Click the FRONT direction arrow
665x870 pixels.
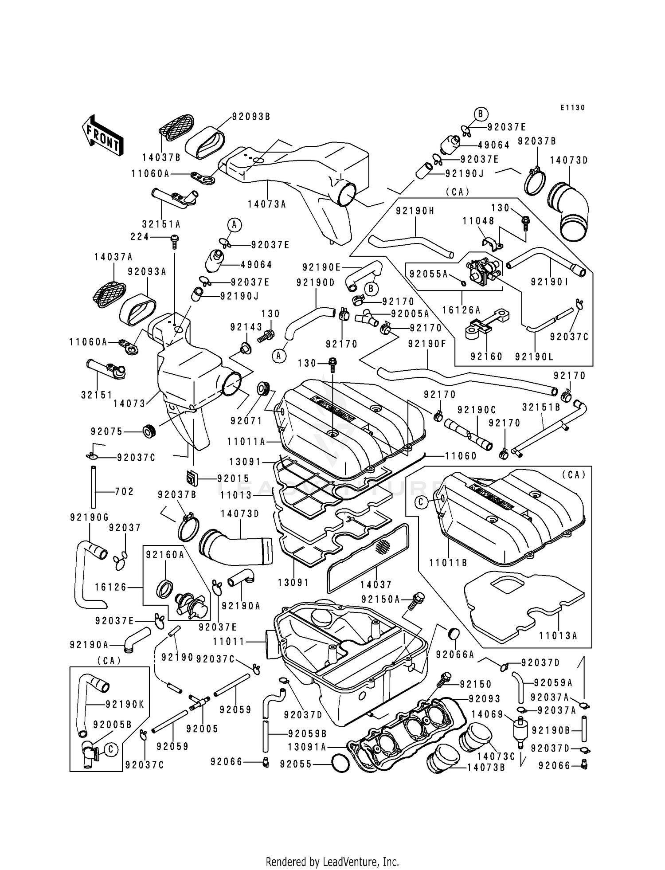pos(102,135)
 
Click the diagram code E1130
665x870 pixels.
pos(572,108)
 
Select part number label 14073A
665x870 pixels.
pos(267,204)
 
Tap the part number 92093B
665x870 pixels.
pos(251,117)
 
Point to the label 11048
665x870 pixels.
pos(479,220)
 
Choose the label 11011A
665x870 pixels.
pos(246,441)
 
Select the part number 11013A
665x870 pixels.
pos(558,636)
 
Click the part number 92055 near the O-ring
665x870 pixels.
pos(296,764)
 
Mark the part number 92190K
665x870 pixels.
pos(125,704)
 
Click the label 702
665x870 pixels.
pos(125,491)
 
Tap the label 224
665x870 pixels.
pos(140,237)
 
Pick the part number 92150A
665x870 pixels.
pos(381,600)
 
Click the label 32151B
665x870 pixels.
pos(541,407)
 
